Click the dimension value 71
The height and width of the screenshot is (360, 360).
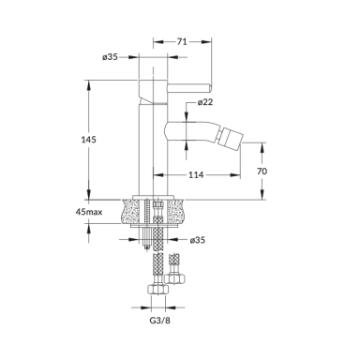[x=182, y=41]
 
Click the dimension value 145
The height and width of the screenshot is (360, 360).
[x=89, y=140]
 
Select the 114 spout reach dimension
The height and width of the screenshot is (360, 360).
[x=196, y=175]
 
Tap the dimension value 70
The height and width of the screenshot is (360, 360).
[x=262, y=172]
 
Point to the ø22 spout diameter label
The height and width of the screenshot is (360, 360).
[x=205, y=102]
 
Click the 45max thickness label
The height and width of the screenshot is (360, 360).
[x=89, y=212]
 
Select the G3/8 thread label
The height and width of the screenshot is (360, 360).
[x=160, y=321]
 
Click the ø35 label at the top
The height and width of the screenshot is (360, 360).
[x=110, y=57]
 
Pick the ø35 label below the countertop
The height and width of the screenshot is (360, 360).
[x=198, y=240]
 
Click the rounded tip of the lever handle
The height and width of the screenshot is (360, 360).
[x=210, y=88]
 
